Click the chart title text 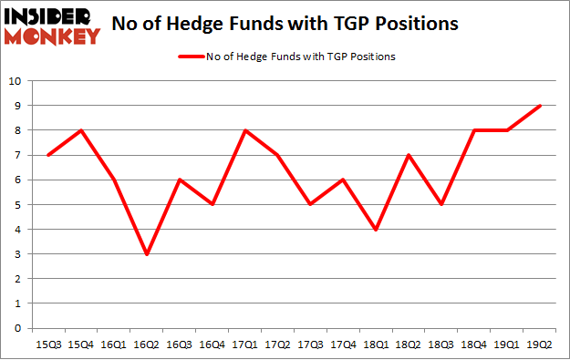[284, 25]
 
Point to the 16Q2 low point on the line [148, 253]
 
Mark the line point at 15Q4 [82, 130]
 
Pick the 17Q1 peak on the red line [246, 130]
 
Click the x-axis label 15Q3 [49, 343]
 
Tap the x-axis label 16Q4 [213, 343]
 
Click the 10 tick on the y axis [15, 81]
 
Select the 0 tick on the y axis [18, 328]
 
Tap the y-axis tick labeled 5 [18, 204]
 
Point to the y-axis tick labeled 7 [18, 155]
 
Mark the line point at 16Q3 [181, 180]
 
